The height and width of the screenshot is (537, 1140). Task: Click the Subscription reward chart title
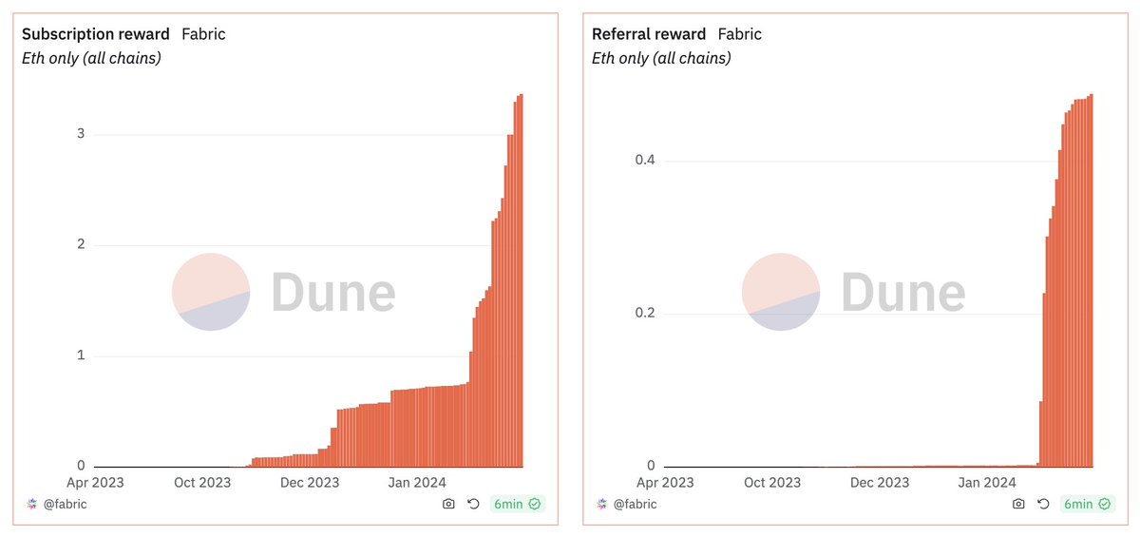point(95,34)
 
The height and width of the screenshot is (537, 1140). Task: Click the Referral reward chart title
point(649,34)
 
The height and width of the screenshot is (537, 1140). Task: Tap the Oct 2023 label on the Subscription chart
point(203,483)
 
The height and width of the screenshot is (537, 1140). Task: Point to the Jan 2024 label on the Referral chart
point(987,483)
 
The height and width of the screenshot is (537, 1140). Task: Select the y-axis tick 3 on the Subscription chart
point(81,134)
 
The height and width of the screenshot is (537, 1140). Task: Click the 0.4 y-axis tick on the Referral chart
point(645,161)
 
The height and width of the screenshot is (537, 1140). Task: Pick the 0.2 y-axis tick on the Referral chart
point(645,314)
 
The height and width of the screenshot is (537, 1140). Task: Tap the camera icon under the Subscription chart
point(448,504)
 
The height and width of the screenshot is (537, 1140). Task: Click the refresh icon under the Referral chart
point(1043,504)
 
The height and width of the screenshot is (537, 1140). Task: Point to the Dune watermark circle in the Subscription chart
point(211,292)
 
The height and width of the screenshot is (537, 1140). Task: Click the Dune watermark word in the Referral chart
point(902,292)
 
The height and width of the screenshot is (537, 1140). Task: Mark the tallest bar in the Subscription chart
point(521,280)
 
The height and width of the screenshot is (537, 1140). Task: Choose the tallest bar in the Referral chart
point(1091,280)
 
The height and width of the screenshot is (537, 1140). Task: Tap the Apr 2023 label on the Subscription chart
point(94,483)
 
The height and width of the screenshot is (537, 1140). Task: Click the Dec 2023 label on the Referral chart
point(880,483)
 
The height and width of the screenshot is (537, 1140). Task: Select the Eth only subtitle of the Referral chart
point(661,58)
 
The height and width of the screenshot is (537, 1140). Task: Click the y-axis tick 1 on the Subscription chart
point(81,355)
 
